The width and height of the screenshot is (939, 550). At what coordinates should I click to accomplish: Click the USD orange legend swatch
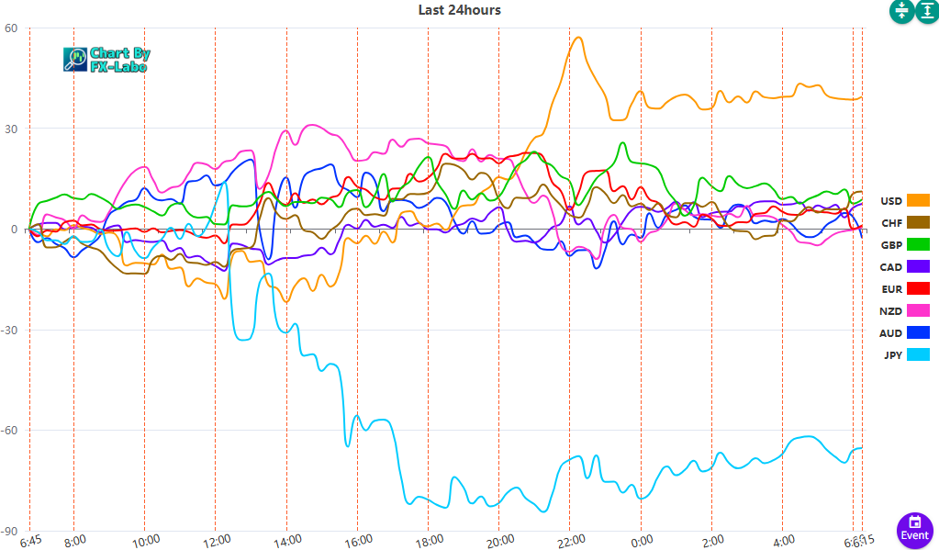pyautogui.click(x=918, y=200)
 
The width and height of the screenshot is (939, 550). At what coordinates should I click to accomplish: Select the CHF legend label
pyautogui.click(x=891, y=223)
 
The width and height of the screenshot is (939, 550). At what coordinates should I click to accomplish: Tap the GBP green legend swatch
pyautogui.click(x=918, y=245)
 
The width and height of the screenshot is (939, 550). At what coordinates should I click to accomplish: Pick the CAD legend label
pyautogui.click(x=891, y=267)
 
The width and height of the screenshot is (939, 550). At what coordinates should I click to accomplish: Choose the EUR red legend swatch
pyautogui.click(x=918, y=289)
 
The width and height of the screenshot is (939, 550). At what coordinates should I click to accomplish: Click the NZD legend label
pyautogui.click(x=891, y=311)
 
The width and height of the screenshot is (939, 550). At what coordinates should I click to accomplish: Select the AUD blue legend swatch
pyautogui.click(x=918, y=333)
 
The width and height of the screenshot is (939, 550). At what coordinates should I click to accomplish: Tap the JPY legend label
pyautogui.click(x=892, y=355)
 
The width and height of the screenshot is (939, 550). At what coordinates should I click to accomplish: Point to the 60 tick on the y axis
pyautogui.click(x=11, y=28)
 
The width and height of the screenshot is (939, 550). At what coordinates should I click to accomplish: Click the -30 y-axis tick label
pyautogui.click(x=9, y=330)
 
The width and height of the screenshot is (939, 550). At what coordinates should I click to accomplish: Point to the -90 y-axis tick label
pyautogui.click(x=9, y=531)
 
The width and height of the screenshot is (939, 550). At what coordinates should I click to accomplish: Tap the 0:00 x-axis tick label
pyautogui.click(x=641, y=540)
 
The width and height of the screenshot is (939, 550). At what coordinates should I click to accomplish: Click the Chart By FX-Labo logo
pyautogui.click(x=107, y=60)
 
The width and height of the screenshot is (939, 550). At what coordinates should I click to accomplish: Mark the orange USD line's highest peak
pyautogui.click(x=577, y=38)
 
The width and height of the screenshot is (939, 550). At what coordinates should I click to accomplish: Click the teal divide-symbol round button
pyautogui.click(x=900, y=11)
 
